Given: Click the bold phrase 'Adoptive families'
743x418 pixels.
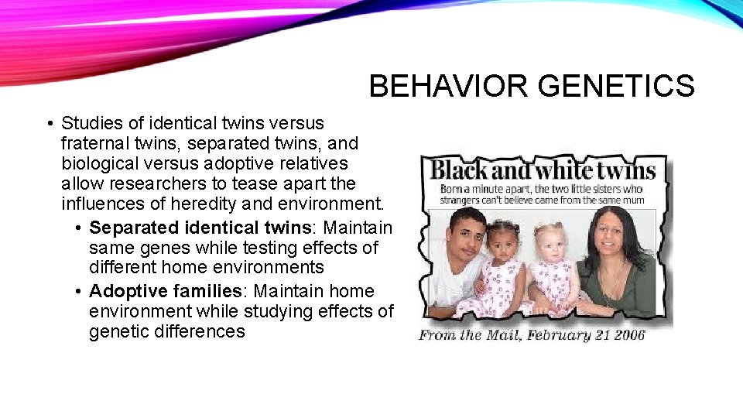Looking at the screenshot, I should (x=166, y=291).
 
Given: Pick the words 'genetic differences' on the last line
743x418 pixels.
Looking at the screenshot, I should (x=167, y=331).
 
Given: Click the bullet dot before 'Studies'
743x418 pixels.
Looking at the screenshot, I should (x=49, y=124).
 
